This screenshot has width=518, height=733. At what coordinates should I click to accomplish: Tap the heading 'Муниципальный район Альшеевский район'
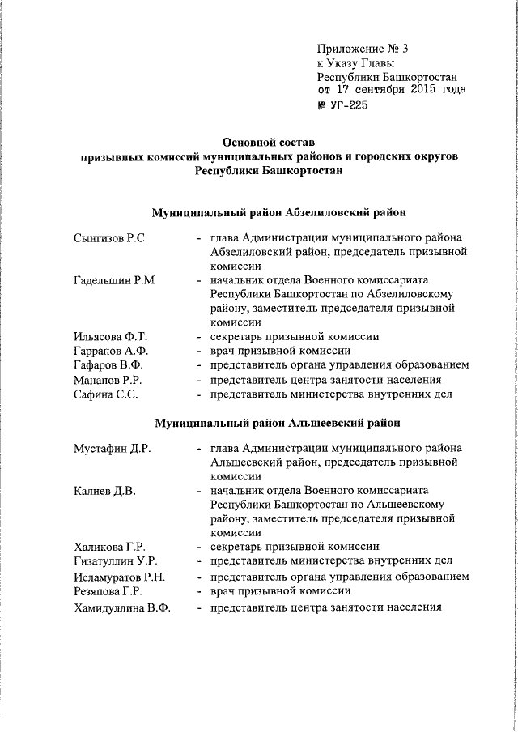click(x=278, y=422)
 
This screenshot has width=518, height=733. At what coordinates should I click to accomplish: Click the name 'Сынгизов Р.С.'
click(x=109, y=239)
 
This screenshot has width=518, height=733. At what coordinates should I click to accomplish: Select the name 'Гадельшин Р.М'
click(x=113, y=280)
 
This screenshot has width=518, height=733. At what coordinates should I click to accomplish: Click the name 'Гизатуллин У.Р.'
click(x=115, y=561)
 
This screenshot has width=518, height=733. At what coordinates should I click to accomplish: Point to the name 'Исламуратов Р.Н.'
click(x=119, y=577)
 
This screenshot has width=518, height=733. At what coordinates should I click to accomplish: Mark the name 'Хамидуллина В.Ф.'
click(x=121, y=608)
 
